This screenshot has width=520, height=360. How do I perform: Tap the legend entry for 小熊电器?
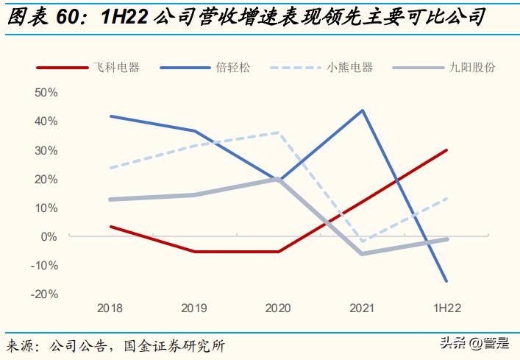tap(349, 67)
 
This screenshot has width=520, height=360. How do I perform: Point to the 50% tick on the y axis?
tap(46, 93)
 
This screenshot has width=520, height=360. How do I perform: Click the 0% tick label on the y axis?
tap(49, 236)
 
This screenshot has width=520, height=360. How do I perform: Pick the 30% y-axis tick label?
tap(46, 150)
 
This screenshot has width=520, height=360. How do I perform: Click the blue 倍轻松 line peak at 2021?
tap(363, 110)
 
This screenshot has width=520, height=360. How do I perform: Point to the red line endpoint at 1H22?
tap(446, 150)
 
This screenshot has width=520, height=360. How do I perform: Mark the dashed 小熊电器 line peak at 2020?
tap(278, 133)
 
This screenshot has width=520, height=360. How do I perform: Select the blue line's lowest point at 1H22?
tap(446, 280)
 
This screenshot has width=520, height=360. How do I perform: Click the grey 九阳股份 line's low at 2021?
tap(363, 253)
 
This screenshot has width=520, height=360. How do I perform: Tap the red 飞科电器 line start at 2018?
tap(110, 227)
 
